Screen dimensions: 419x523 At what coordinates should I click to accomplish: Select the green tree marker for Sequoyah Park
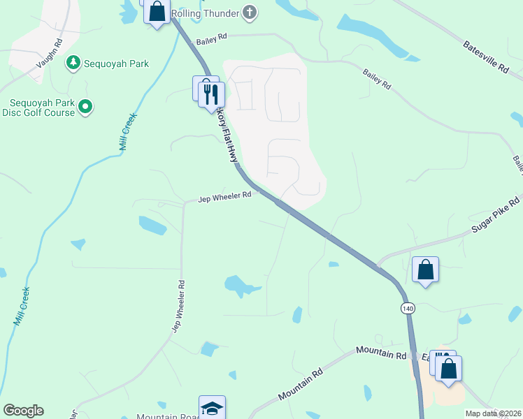pos(73,64)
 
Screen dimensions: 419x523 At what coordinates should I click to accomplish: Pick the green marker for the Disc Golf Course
pos(85,107)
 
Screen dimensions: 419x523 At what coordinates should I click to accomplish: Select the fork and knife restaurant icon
pos(212,94)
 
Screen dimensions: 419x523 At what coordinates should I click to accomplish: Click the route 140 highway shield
pos(408,308)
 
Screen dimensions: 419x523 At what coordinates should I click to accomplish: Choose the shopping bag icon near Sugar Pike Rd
pos(425,270)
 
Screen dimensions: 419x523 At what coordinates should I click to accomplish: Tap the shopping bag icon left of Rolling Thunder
pos(157,12)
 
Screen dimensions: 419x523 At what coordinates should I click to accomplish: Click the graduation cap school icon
pos(212,409)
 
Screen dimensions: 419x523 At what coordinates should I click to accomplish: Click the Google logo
pos(23,411)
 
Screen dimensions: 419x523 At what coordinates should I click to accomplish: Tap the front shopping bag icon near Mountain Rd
pos(449,368)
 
